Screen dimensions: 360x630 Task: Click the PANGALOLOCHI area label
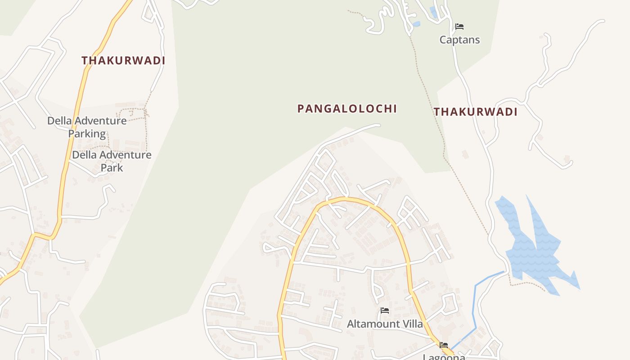pos(347,108)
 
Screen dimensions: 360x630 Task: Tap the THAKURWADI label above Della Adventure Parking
pos(123,60)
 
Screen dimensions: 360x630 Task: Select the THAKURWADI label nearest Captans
pos(476,112)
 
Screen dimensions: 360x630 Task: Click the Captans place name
pos(459,40)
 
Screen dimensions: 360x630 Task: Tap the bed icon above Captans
pos(459,27)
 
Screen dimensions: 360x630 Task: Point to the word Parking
pos(87,134)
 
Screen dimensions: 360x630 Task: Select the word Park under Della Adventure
pos(112,167)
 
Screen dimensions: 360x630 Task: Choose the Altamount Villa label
pos(385,324)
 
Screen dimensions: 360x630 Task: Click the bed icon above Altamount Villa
pos(385,310)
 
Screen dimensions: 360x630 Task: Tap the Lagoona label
pos(444,357)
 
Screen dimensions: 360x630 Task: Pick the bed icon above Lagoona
pos(444,345)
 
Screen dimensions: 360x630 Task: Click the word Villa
pos(412,324)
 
